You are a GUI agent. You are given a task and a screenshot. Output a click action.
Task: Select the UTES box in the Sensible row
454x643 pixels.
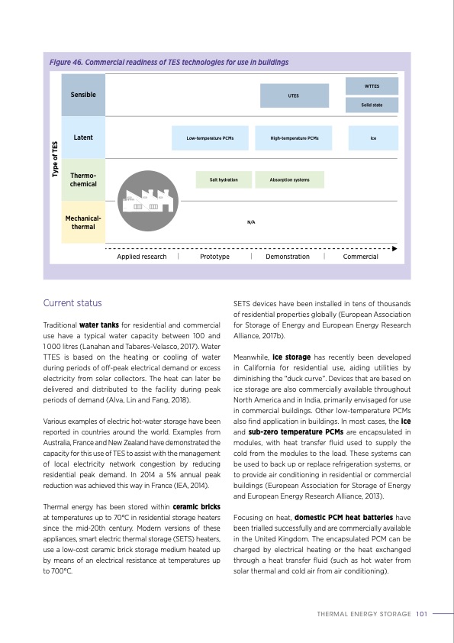tap(293, 96)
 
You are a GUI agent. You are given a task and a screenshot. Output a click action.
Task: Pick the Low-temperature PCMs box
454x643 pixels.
tap(210, 138)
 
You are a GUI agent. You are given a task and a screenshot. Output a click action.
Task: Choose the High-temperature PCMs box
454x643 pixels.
tap(295, 138)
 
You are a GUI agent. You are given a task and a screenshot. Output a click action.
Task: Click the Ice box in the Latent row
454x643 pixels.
tap(373, 138)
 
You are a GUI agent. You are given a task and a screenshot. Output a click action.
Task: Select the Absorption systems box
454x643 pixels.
tap(289, 179)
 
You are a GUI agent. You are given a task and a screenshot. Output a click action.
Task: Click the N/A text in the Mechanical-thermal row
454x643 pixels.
tap(251, 221)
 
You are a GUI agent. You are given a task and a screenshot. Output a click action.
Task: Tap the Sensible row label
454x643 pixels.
tap(82, 95)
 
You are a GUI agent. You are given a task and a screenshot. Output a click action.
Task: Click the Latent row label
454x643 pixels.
tap(82, 137)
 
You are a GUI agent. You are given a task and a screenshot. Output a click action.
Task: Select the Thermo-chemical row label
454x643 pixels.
tap(82, 180)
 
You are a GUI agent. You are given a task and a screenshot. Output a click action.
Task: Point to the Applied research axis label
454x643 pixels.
tap(141, 257)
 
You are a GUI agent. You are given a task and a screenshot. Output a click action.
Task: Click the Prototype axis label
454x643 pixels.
tap(214, 257)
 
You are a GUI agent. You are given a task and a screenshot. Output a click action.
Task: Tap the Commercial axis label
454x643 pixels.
tap(360, 257)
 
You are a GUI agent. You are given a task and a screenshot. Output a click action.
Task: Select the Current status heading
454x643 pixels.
tap(72, 303)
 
